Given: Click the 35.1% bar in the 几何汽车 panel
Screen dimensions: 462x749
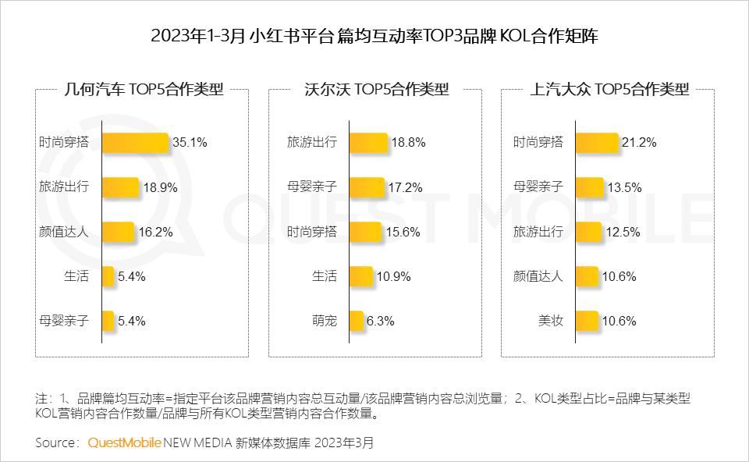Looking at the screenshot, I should point(135,142).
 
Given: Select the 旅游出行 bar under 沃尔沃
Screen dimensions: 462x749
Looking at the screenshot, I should point(368,142).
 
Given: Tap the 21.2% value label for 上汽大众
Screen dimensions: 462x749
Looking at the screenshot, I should point(639,142).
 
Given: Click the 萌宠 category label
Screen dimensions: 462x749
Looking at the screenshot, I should point(325,321).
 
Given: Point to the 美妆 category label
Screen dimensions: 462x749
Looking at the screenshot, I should point(551,321).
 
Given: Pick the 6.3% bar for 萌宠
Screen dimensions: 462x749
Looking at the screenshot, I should point(357,321).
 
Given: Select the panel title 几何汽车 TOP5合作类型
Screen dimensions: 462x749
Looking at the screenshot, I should point(143,89).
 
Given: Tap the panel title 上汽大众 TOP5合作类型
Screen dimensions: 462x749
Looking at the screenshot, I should point(609,89).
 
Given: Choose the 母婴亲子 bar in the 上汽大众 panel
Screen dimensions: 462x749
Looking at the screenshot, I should point(589,187).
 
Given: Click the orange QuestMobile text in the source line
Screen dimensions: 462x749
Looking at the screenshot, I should point(124,442).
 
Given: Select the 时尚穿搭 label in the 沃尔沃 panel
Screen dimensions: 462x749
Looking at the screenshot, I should point(312,232).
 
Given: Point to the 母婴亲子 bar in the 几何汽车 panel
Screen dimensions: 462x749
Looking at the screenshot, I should point(108,321).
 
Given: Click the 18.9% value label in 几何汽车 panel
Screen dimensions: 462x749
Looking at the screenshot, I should point(160,187).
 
